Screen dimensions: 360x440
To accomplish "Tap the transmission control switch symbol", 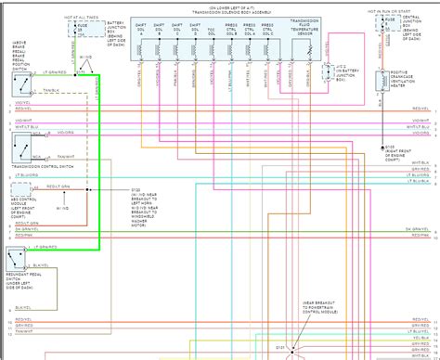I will coord(20,146).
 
